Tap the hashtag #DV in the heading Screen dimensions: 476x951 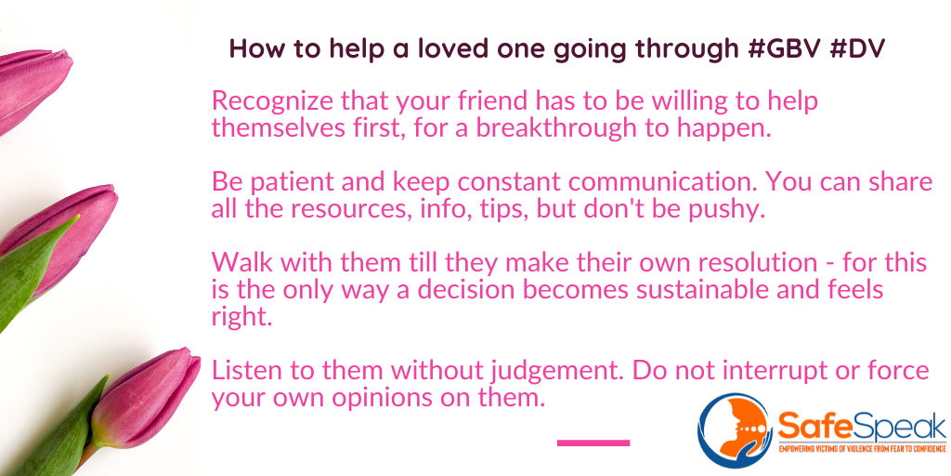tap(856, 48)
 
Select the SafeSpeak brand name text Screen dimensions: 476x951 tap(861, 427)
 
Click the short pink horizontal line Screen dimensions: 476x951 tap(593, 443)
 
